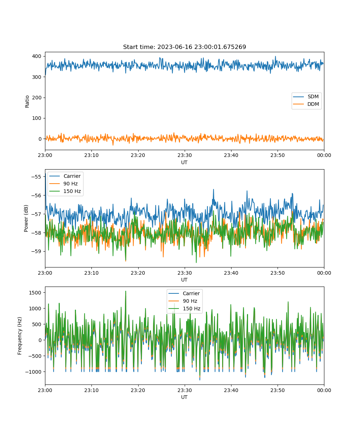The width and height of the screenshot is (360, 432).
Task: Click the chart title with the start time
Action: (184, 47)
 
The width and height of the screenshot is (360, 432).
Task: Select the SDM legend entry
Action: (306, 96)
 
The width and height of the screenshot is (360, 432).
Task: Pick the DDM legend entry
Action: (306, 104)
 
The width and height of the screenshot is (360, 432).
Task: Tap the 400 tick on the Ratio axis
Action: (37, 56)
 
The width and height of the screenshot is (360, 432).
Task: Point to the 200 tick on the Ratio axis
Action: (37, 98)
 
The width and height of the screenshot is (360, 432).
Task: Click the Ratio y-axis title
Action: (27, 102)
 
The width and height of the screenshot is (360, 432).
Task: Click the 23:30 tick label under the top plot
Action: (185, 155)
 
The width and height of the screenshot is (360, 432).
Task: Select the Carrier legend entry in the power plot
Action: (65, 176)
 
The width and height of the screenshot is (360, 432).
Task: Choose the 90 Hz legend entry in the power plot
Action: (63, 184)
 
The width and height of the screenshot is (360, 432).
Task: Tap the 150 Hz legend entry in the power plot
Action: (65, 191)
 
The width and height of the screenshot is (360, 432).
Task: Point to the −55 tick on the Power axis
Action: (36, 177)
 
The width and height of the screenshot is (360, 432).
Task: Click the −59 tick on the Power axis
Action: (36, 251)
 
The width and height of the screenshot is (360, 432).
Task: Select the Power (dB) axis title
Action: (26, 219)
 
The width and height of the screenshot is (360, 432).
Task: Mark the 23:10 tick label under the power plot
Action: (91, 273)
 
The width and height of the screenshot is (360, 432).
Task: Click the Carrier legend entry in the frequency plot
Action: (184, 293)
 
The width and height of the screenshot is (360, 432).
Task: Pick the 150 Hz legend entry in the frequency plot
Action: (184, 309)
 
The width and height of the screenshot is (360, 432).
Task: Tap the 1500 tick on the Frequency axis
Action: (35, 293)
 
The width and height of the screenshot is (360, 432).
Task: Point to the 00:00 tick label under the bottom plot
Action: (324, 390)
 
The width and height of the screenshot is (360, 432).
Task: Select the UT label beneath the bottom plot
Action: (184, 397)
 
